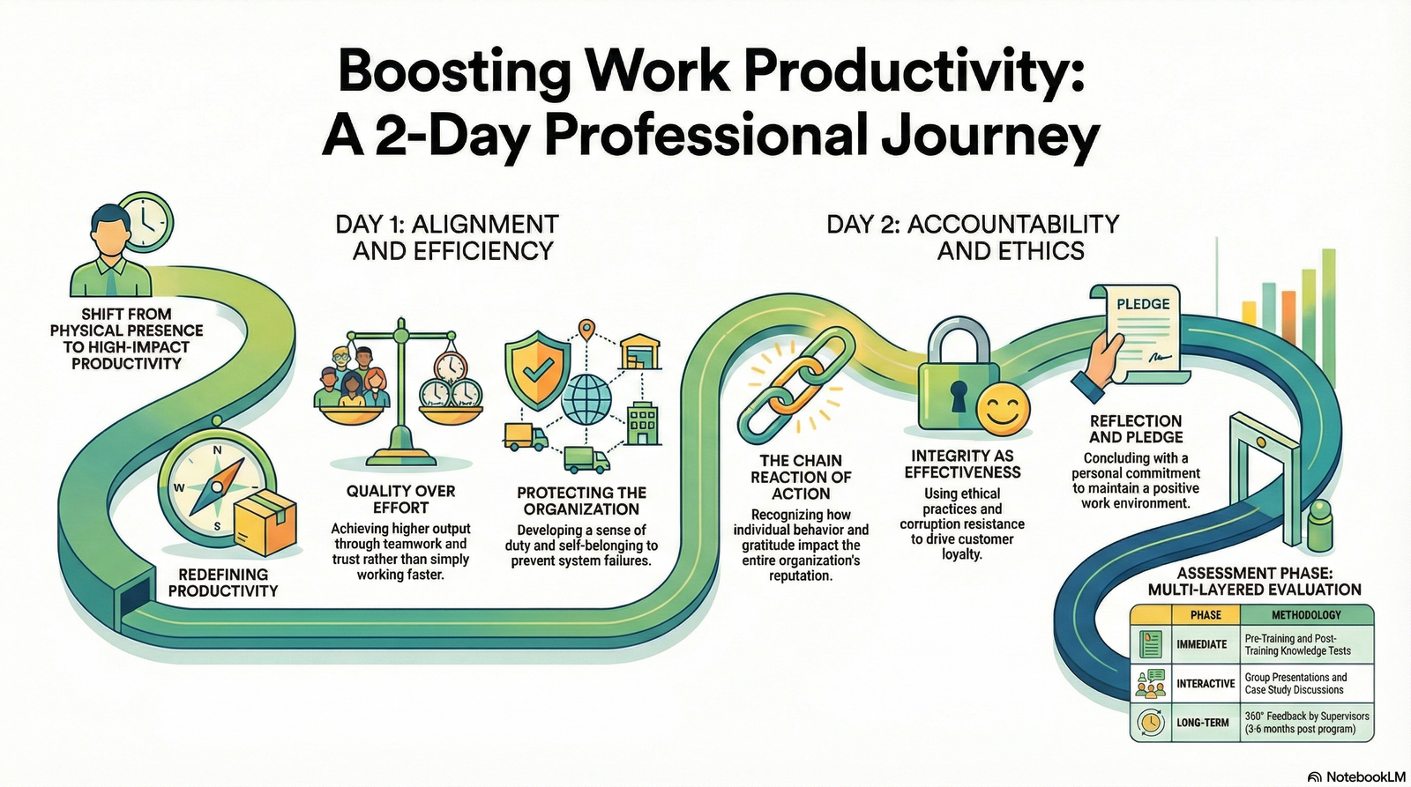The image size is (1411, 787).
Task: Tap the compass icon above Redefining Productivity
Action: [x=216, y=488]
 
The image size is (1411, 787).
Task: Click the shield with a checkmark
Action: [x=534, y=373]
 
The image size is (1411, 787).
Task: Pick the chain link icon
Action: [x=796, y=384]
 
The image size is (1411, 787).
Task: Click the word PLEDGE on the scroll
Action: [x=1143, y=304]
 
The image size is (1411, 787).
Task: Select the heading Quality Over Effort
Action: [x=400, y=499]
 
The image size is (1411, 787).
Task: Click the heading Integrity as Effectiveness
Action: [x=962, y=464]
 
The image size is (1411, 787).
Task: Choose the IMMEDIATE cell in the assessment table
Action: [x=1201, y=644]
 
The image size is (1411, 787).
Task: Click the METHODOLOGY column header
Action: [x=1306, y=614]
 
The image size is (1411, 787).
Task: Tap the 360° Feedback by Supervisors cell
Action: [x=1307, y=723]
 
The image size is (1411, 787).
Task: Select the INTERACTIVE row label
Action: [x=1205, y=683]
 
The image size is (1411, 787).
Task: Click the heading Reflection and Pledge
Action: [x=1135, y=429]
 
